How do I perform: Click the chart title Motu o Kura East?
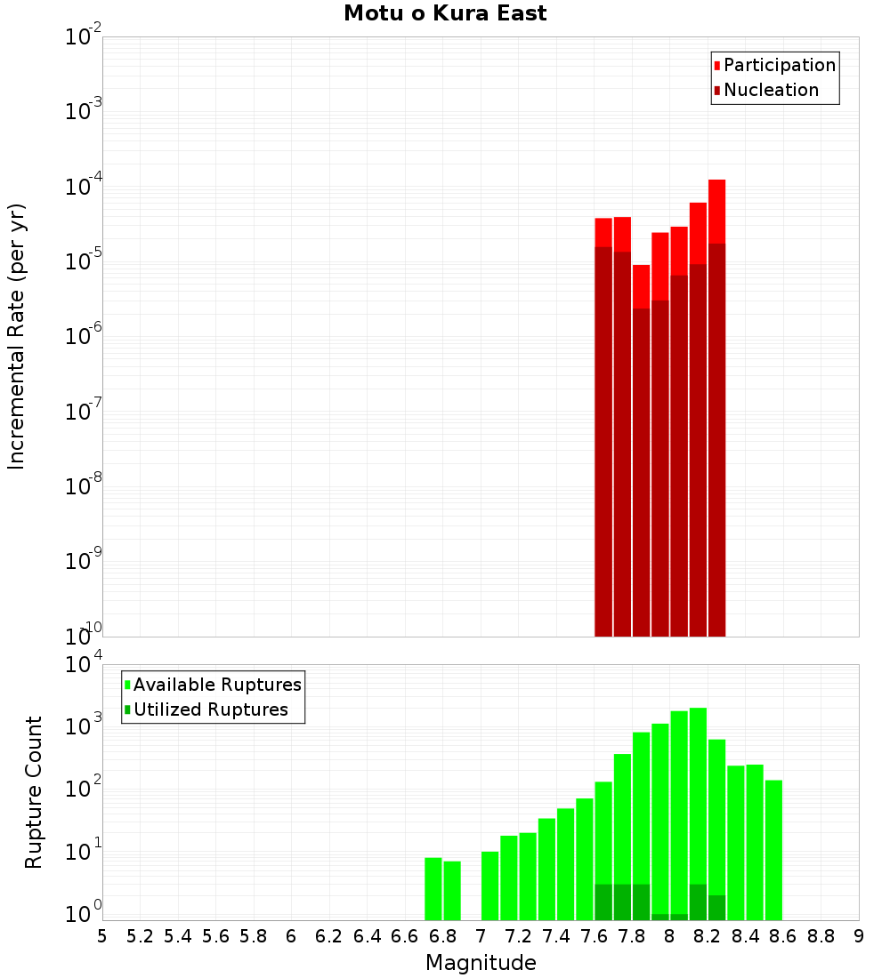(x=445, y=14)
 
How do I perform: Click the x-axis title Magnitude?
(x=481, y=963)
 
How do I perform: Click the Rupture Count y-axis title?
(x=34, y=792)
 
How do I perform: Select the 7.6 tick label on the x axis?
(x=595, y=936)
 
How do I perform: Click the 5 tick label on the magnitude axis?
(x=102, y=936)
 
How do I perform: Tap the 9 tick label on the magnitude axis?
(x=858, y=936)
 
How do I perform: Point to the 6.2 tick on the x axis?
(x=329, y=936)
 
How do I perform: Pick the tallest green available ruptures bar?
(x=698, y=800)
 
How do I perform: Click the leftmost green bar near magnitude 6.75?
(x=433, y=889)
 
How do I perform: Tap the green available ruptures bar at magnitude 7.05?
(x=489, y=886)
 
